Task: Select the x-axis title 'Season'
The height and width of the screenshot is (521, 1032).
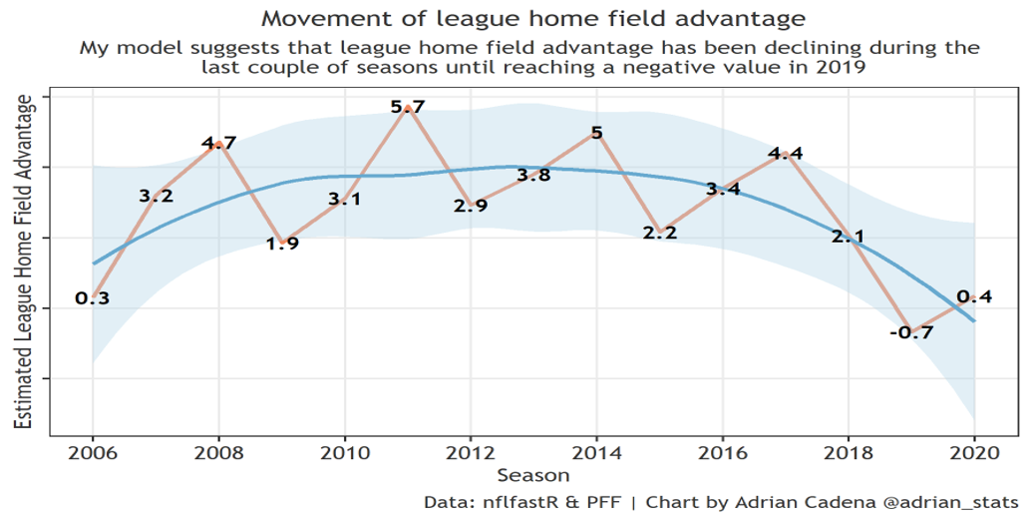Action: click(x=533, y=475)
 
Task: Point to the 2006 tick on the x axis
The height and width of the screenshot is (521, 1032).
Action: click(x=93, y=452)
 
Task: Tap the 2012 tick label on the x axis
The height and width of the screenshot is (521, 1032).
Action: click(x=471, y=452)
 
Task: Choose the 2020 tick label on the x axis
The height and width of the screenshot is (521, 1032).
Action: click(x=973, y=452)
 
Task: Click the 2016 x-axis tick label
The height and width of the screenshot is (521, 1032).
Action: click(x=722, y=452)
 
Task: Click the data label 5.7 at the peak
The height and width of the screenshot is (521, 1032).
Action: click(x=408, y=106)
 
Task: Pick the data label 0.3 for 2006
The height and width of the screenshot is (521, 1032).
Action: click(x=93, y=297)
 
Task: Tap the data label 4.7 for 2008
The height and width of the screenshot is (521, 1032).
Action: click(x=218, y=143)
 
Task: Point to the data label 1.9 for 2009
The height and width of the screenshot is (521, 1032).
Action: click(x=281, y=243)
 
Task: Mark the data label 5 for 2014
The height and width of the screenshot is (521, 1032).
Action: click(x=596, y=132)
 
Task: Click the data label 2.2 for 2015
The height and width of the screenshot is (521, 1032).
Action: click(x=659, y=233)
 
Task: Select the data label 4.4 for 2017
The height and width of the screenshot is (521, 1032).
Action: click(x=785, y=154)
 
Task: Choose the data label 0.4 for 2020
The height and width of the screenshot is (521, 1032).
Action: click(x=973, y=296)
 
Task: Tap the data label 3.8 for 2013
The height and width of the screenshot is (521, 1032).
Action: click(x=533, y=176)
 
